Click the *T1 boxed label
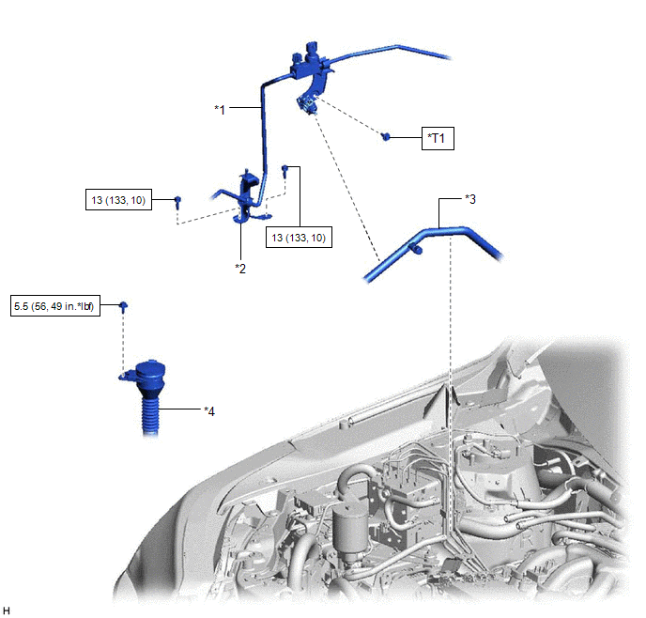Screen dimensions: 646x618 438,138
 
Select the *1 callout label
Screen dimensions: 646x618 220,110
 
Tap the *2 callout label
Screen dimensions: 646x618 240,269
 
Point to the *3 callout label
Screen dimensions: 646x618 470,199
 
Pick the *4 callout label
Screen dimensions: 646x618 209,411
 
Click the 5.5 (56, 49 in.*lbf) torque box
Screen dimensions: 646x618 55,306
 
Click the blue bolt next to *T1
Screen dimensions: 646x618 386,136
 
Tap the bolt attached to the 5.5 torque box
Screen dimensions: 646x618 123,306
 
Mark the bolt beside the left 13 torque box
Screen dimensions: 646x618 177,201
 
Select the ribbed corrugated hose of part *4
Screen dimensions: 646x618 149,413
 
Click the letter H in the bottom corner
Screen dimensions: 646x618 7,610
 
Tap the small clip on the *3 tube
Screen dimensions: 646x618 416,249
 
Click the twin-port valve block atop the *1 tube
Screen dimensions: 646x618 310,61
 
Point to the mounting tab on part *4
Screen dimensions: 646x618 127,376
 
